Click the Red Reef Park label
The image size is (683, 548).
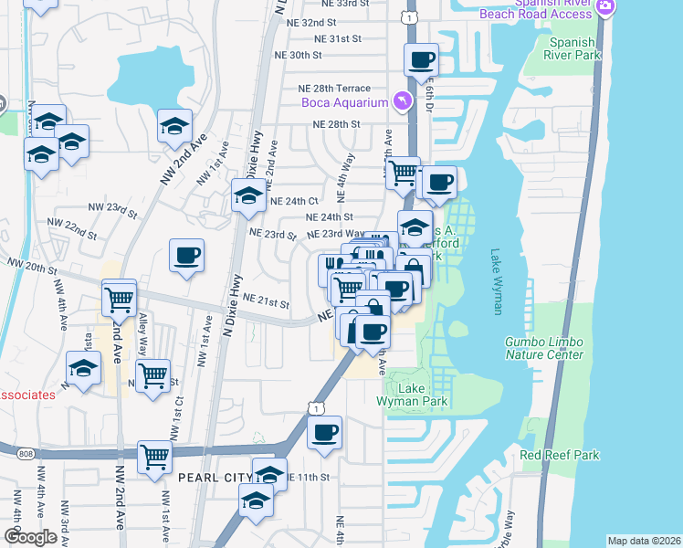click(559, 455)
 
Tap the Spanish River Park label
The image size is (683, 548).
click(575, 48)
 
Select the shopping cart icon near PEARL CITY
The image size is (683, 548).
click(154, 456)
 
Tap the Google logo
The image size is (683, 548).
click(30, 537)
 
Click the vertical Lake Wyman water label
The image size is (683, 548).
click(497, 281)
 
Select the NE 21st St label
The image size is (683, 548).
click(266, 302)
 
